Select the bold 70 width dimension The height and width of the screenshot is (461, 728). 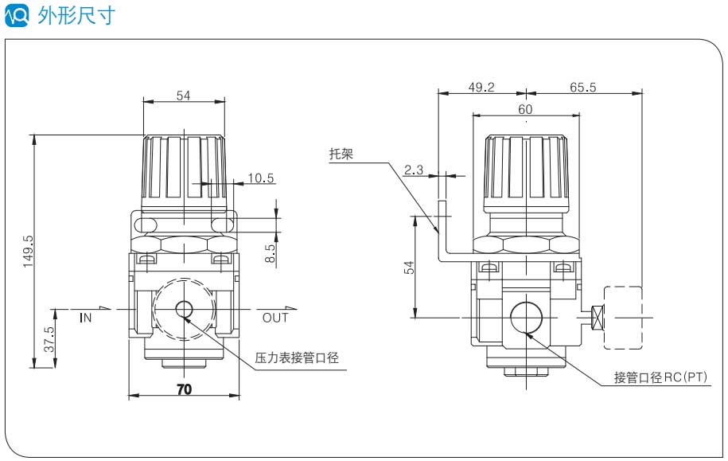[x=184, y=389]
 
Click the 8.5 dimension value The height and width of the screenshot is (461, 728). [x=271, y=253]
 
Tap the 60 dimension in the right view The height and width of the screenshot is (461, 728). [x=525, y=109]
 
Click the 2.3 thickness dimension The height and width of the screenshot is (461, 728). [x=414, y=170]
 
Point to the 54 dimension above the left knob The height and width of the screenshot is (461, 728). [x=184, y=96]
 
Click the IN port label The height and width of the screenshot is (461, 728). [x=87, y=318]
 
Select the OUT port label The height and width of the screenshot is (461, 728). [x=275, y=318]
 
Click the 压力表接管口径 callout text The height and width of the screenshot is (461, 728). [x=297, y=358]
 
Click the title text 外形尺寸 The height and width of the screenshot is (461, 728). [x=77, y=16]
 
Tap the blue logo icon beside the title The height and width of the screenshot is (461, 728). [x=17, y=15]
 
